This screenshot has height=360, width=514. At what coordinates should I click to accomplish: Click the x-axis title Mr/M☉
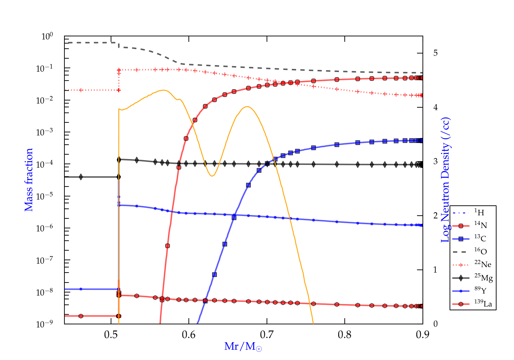pyautogui.click(x=243, y=347)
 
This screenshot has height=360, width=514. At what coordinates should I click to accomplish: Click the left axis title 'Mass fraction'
pyautogui.click(x=29, y=180)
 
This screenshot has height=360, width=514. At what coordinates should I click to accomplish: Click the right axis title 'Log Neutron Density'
pyautogui.click(x=445, y=180)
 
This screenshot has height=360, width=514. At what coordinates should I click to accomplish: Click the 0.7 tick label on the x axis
pyautogui.click(x=267, y=335)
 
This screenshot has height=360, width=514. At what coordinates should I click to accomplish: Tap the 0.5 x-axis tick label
pyautogui.click(x=111, y=335)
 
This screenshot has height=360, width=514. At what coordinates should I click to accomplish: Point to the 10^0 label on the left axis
pyautogui.click(x=47, y=36)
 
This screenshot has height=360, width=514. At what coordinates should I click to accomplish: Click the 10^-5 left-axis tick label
pyautogui.click(x=45, y=196)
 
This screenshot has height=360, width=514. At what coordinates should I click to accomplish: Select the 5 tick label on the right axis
pyautogui.click(x=435, y=53)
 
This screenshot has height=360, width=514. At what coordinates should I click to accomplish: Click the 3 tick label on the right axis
pyautogui.click(x=435, y=161)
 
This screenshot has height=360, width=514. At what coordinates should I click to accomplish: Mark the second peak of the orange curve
pyautogui.click(x=247, y=107)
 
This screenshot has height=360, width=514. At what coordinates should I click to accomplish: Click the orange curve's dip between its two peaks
pyautogui.click(x=212, y=176)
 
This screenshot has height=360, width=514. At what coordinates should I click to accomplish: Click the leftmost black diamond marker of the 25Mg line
pyautogui.click(x=81, y=177)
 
